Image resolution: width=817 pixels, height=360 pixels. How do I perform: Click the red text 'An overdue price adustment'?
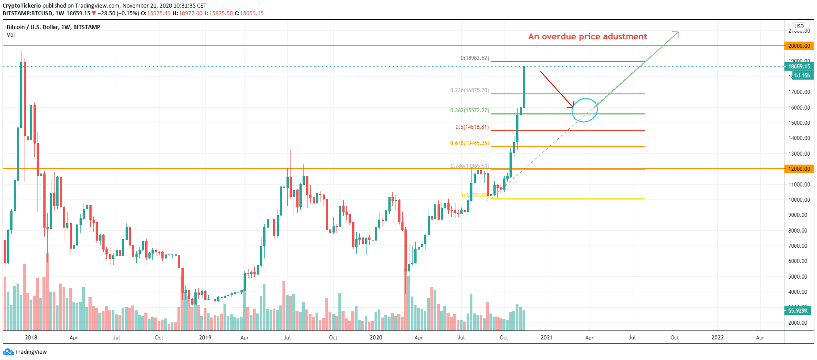(x=587, y=37)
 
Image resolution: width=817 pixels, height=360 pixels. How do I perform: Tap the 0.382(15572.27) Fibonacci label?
(x=469, y=110)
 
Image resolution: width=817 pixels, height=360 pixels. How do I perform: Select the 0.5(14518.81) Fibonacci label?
(x=472, y=127)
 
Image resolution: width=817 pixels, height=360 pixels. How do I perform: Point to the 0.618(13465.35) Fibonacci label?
(x=469, y=143)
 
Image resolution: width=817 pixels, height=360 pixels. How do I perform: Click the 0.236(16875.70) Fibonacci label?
(x=469, y=90)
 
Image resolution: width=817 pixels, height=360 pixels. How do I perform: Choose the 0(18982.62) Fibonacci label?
(x=475, y=58)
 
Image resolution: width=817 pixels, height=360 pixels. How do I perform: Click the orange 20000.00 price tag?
(x=799, y=46)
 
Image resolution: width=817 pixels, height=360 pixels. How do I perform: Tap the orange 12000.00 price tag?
(x=799, y=169)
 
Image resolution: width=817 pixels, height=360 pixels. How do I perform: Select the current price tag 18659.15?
(x=799, y=67)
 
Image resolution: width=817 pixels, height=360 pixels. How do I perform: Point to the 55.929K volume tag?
(x=798, y=310)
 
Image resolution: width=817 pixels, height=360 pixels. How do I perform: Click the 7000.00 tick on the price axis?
(x=799, y=246)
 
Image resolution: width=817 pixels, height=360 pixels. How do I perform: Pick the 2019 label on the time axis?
(x=205, y=338)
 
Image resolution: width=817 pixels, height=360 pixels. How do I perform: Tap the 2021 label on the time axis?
(x=547, y=338)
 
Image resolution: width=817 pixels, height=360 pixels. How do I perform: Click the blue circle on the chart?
(x=585, y=110)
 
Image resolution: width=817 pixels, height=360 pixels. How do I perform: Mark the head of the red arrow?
(x=573, y=107)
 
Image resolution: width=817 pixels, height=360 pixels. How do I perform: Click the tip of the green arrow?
(x=678, y=32)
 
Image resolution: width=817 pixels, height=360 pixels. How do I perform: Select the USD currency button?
(x=799, y=26)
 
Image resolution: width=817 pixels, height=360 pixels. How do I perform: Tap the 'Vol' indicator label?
(x=11, y=35)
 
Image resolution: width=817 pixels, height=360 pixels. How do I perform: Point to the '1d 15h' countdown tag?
(x=802, y=76)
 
